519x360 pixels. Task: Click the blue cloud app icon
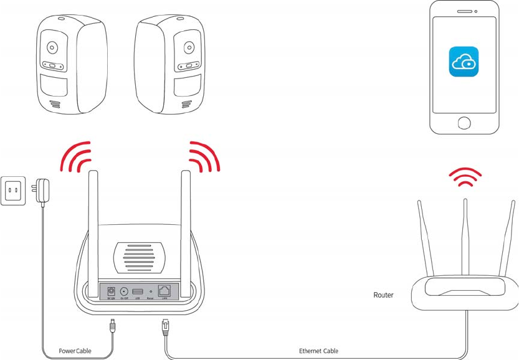point(464,62)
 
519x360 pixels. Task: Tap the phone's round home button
point(464,122)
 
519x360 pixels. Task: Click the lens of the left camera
point(52,48)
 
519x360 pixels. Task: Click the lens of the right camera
point(188,48)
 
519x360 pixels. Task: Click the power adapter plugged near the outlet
point(42,189)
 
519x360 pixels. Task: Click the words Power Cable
point(75,351)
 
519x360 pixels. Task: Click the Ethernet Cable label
point(318,351)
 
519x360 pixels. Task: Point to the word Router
point(383,295)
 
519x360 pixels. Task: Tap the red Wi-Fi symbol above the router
point(465,177)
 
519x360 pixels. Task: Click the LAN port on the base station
point(165,291)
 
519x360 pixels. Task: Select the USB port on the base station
point(138,291)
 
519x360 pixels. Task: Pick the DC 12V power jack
point(112,291)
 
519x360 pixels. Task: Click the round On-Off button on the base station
point(124,291)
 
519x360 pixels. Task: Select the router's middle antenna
point(465,237)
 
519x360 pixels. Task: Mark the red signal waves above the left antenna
point(75,157)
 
